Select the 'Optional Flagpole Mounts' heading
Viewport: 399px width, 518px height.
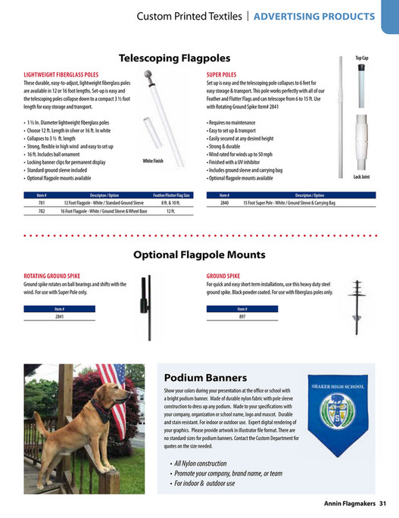[x=198, y=254]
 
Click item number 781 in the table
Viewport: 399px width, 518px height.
[x=42, y=203]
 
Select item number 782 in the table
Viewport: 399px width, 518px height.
[x=42, y=211]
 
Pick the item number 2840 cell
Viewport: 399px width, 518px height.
[x=224, y=203]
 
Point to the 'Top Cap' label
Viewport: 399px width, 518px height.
[x=361, y=58]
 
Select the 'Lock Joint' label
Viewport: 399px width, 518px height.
[x=361, y=176]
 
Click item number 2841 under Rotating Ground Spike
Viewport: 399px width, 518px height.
[x=59, y=317]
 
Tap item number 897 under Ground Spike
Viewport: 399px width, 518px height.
[x=242, y=317]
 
